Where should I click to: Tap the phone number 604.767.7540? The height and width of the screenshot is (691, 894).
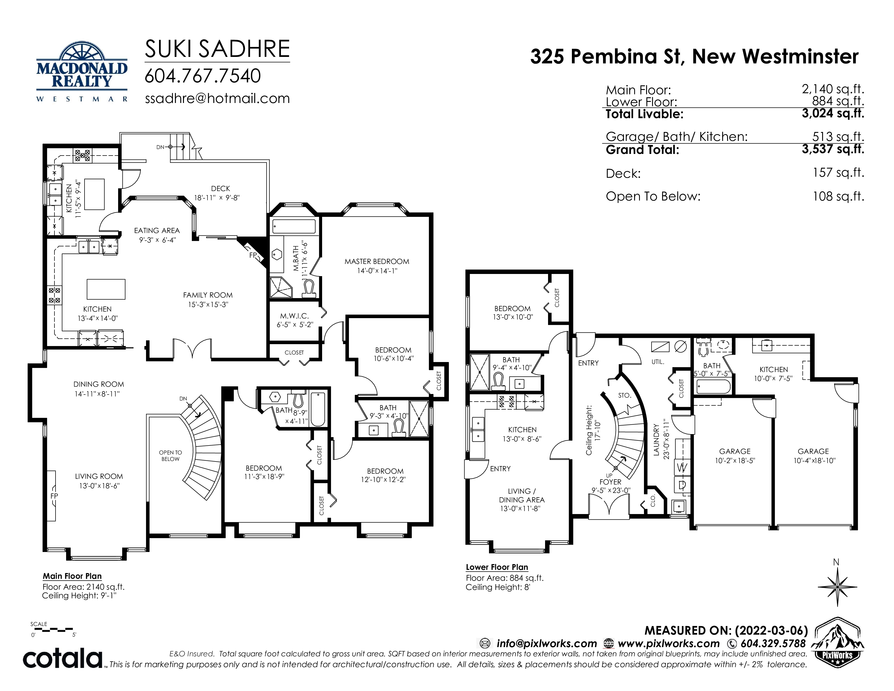point(203,76)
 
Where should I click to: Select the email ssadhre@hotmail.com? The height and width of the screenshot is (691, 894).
point(217,99)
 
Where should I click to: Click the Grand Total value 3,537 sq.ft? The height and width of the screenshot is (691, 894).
point(833,149)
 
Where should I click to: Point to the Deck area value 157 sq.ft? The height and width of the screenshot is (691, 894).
point(838,173)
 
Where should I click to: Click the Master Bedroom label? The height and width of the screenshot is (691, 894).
point(377,261)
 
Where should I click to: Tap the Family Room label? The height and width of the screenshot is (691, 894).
point(208,295)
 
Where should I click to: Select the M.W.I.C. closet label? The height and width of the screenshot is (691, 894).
point(294,316)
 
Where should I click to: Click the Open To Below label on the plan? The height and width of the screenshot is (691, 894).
point(170,456)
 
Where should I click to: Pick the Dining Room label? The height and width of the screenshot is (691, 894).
point(99,385)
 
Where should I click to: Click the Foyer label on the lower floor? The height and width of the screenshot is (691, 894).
point(610,482)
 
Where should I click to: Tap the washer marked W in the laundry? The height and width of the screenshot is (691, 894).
point(682,467)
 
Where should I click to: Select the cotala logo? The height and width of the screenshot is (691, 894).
point(63,658)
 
